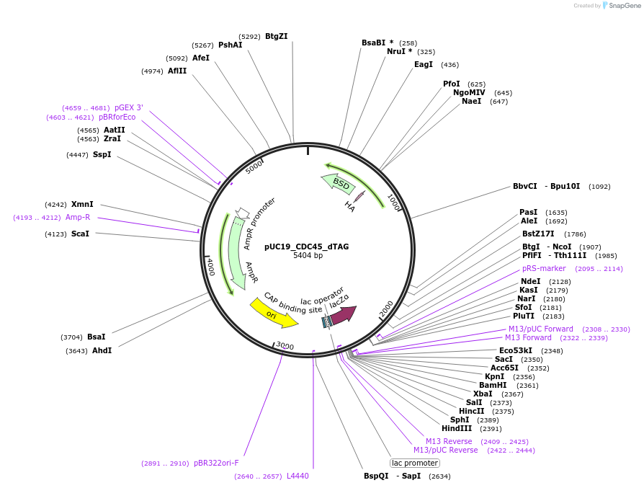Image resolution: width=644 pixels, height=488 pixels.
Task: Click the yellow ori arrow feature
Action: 273,313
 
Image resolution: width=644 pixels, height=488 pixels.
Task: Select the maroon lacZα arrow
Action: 343,314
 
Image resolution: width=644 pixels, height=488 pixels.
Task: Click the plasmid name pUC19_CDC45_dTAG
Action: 306,247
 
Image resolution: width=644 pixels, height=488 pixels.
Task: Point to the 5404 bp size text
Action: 308,256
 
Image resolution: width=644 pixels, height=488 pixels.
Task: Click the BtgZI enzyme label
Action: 276,36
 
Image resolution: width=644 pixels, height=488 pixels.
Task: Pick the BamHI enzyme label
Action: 493,385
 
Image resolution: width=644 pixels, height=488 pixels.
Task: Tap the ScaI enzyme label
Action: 80,234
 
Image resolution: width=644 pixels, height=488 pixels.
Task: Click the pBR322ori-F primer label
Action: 216,463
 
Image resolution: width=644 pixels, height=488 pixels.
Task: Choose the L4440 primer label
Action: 298,476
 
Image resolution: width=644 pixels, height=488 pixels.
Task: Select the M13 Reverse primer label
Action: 449,441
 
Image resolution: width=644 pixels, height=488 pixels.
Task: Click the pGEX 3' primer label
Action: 129,108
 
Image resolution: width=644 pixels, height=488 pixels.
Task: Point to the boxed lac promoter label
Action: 414,463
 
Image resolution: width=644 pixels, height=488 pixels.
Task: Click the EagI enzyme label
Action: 424,64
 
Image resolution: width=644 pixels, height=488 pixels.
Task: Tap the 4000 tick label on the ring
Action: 210,267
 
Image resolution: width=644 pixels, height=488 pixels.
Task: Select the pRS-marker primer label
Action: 544,268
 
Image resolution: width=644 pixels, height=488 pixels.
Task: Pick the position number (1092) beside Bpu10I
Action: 599,187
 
